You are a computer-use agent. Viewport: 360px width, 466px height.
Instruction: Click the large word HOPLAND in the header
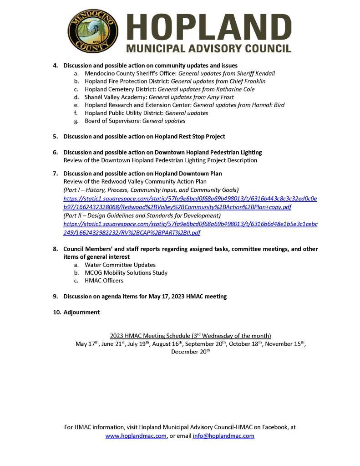tap(209, 26)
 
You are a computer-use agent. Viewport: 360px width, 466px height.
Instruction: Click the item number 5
tap(55, 136)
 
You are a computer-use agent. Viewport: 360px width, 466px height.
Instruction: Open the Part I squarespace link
tap(190, 203)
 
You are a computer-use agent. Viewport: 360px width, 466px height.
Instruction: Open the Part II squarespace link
tap(190, 228)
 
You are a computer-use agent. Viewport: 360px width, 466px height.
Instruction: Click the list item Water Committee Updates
tap(120, 265)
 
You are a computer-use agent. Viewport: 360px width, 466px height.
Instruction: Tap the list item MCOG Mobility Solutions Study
tap(126, 272)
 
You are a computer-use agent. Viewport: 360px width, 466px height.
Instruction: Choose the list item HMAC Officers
tap(104, 281)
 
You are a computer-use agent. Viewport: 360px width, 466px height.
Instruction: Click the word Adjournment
tap(81, 312)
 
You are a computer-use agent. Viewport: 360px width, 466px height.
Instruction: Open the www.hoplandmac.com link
tap(136, 436)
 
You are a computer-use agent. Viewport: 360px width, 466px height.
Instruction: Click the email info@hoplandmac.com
tap(223, 436)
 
